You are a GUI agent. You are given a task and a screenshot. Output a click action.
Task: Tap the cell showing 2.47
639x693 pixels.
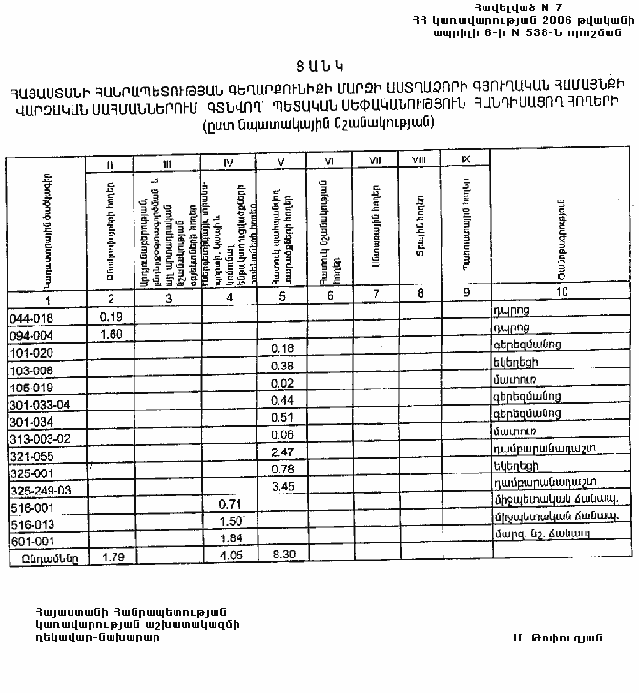pyautogui.click(x=283, y=451)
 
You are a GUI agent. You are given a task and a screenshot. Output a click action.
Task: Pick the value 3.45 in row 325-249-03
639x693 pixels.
pyautogui.click(x=283, y=486)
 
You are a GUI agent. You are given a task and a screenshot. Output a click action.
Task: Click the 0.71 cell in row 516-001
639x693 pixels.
pyautogui.click(x=228, y=503)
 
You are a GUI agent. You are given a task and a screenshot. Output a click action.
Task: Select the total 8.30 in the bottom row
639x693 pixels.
pyautogui.click(x=283, y=554)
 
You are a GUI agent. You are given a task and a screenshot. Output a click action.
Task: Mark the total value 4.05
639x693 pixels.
pyautogui.click(x=228, y=554)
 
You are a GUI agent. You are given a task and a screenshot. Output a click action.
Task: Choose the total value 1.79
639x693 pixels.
pyautogui.click(x=112, y=554)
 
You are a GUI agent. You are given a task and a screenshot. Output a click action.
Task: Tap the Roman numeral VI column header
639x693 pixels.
pyautogui.click(x=329, y=162)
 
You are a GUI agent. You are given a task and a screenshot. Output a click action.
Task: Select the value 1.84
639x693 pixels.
pyautogui.click(x=228, y=537)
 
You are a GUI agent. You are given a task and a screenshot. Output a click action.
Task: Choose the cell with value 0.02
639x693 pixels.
pyautogui.click(x=283, y=384)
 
